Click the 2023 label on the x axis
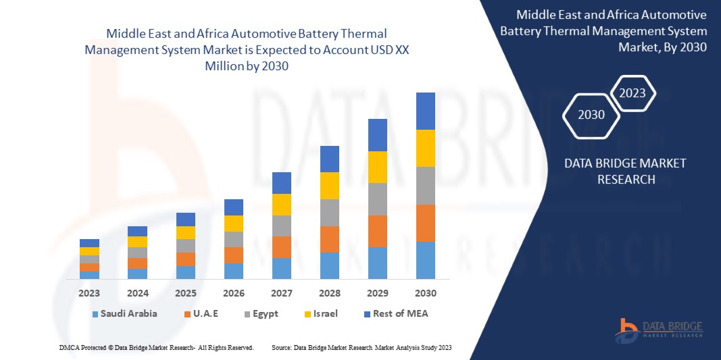coord(89,293)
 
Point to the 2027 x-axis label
coord(282,293)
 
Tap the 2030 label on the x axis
coord(426,293)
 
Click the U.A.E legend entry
coord(205,313)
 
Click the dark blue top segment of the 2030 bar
coord(426,111)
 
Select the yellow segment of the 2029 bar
coord(378,167)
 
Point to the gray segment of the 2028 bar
coord(330,212)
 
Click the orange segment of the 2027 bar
coord(282,247)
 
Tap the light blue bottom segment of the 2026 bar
coord(234,271)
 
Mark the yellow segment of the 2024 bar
coord(137,242)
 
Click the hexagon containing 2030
coord(591,115)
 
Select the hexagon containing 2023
coord(632,93)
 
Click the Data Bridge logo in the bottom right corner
coord(659,329)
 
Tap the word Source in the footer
coord(280,347)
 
